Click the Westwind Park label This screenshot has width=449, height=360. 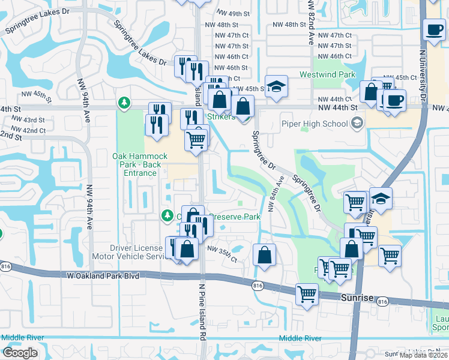coord(328,75)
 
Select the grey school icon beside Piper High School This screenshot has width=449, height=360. coord(358,124)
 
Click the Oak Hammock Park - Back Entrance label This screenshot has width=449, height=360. coord(140,164)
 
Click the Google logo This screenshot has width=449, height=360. coord(20,353)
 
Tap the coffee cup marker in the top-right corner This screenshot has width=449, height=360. coord(433,29)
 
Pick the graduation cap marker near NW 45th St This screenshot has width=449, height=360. coord(276,87)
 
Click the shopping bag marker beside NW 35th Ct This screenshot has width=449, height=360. coord(264,254)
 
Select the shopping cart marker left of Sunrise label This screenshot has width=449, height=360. coord(307,295)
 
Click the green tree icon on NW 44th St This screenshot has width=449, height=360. coord(124,103)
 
